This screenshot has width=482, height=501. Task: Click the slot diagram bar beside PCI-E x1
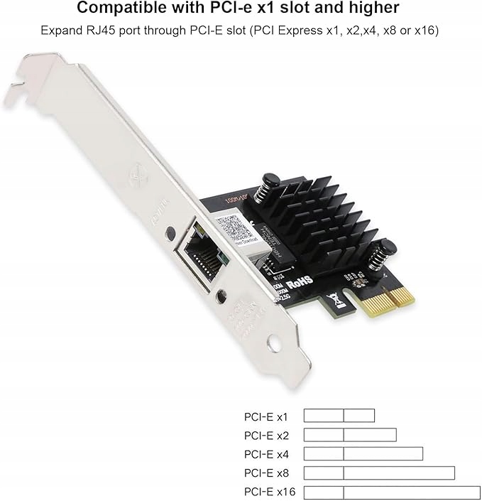coord(339,416)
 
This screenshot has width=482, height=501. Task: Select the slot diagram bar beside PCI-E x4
coord(363,454)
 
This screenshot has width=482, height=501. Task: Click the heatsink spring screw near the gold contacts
coord(380,255)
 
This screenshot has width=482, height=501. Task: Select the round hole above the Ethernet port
coord(170,232)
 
